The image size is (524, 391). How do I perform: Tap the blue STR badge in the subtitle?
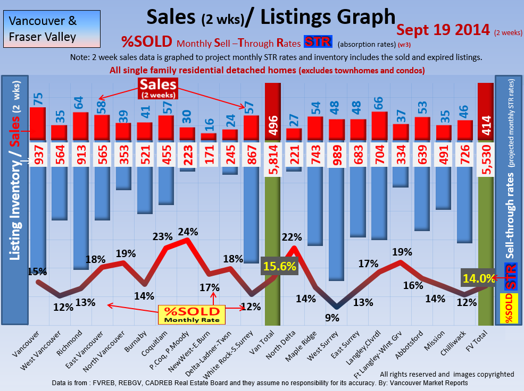click(x=317, y=42)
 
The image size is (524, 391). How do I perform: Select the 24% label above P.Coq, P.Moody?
click(x=188, y=232)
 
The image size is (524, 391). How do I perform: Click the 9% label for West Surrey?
click(x=332, y=318)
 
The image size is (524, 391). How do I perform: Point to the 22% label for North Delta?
click(x=292, y=237)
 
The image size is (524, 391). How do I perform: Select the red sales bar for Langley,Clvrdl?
click(x=379, y=126)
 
